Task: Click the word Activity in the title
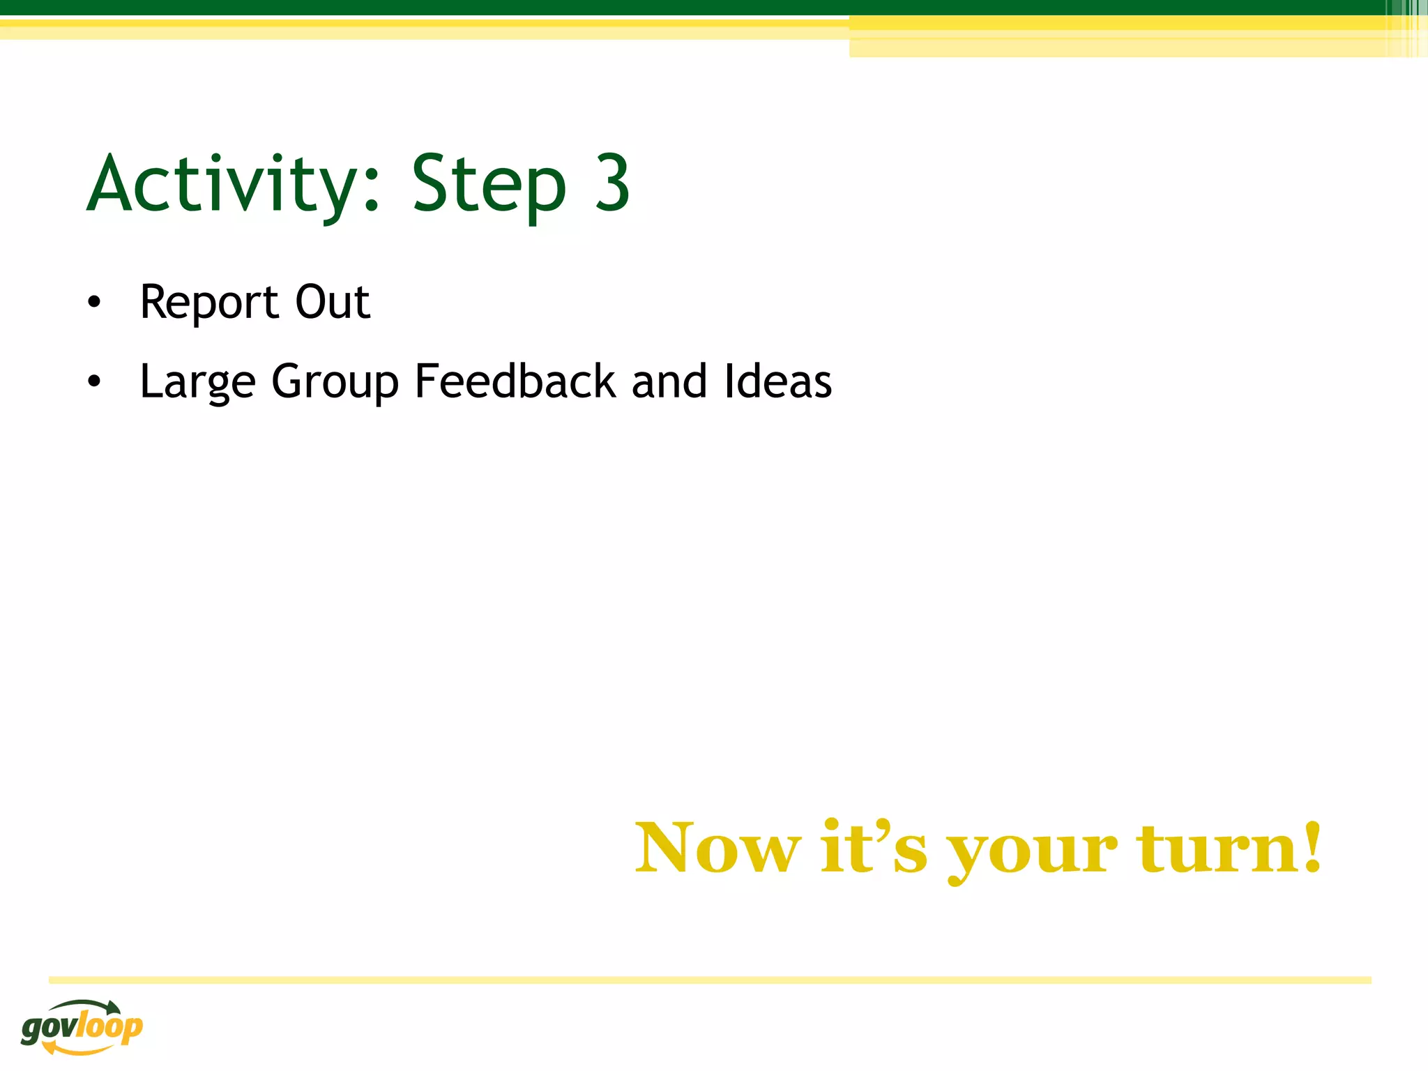coord(223,185)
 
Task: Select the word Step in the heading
coord(489,185)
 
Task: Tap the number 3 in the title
coord(612,183)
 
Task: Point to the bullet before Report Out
coord(94,303)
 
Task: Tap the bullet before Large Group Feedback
coord(94,381)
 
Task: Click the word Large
coord(197,382)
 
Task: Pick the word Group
coord(335,382)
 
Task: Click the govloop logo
coord(82,1026)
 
